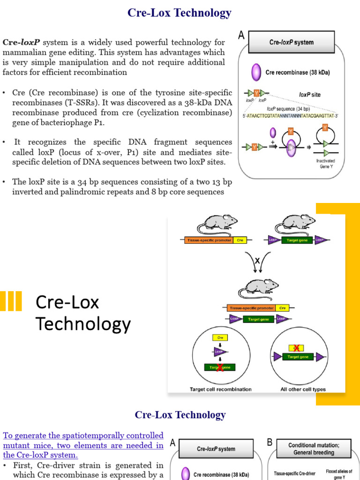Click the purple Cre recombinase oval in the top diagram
256,72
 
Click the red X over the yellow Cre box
296,347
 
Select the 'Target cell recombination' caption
220,389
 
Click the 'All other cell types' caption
303,389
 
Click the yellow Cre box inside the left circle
220,337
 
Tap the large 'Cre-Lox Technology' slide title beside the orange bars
83,313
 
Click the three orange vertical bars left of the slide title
11,301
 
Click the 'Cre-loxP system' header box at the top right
292,42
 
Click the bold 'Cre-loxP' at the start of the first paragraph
20,42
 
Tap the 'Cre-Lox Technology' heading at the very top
180,13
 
